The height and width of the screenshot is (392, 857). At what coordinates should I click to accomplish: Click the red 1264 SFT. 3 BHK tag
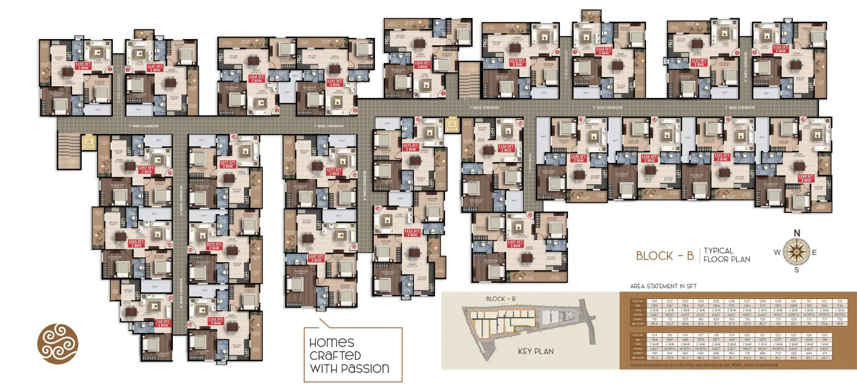pos(422,65)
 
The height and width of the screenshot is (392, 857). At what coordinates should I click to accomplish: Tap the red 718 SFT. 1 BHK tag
pos(163,323)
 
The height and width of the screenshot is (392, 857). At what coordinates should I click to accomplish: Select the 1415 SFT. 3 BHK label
pos(412,233)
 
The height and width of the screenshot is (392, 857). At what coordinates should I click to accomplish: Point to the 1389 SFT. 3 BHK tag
pos(806,178)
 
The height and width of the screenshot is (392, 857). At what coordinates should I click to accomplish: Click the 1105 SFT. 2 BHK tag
pos(83,66)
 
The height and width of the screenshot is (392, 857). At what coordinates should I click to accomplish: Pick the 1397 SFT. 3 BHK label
pos(515,244)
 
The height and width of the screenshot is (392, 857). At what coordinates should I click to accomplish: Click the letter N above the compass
pos(797,233)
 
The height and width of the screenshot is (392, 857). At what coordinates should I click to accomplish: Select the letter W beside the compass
pos(777,252)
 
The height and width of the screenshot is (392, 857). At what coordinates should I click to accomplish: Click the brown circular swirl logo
pos(58,344)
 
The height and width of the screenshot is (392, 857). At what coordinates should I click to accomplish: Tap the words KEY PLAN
pos(536,351)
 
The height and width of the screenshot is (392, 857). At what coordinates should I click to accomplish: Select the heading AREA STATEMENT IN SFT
pos(663,286)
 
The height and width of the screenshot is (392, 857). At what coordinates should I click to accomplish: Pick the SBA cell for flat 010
pos(793,306)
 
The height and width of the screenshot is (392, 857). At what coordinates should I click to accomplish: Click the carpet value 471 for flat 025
pos(824,353)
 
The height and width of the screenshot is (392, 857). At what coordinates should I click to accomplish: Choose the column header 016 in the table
pos(685,335)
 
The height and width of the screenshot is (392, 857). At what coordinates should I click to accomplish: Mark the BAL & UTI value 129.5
pos(747,323)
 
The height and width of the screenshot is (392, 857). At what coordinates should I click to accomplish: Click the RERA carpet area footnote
pos(704,365)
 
